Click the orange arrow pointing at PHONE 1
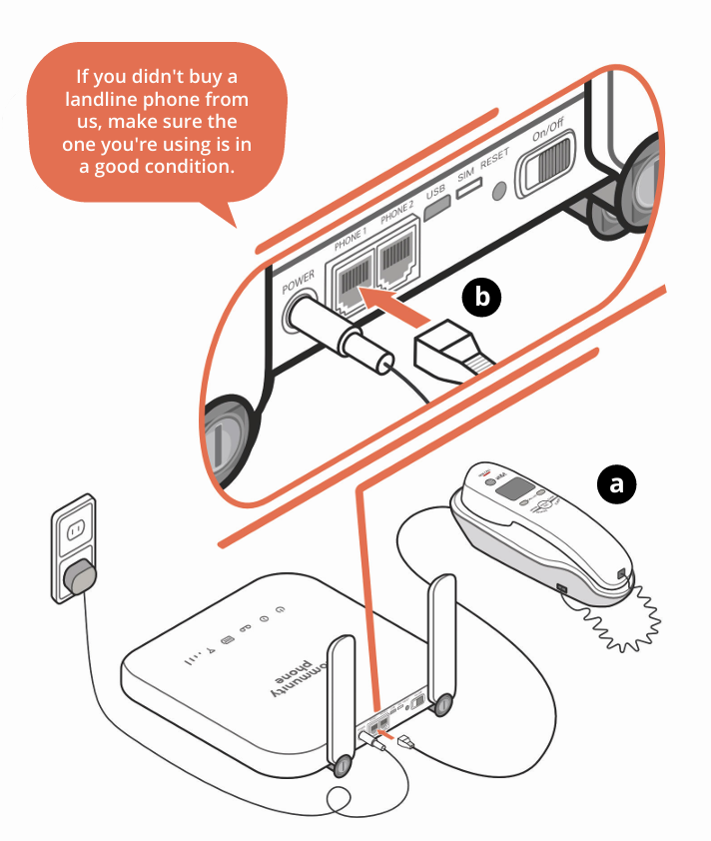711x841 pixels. tap(399, 305)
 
